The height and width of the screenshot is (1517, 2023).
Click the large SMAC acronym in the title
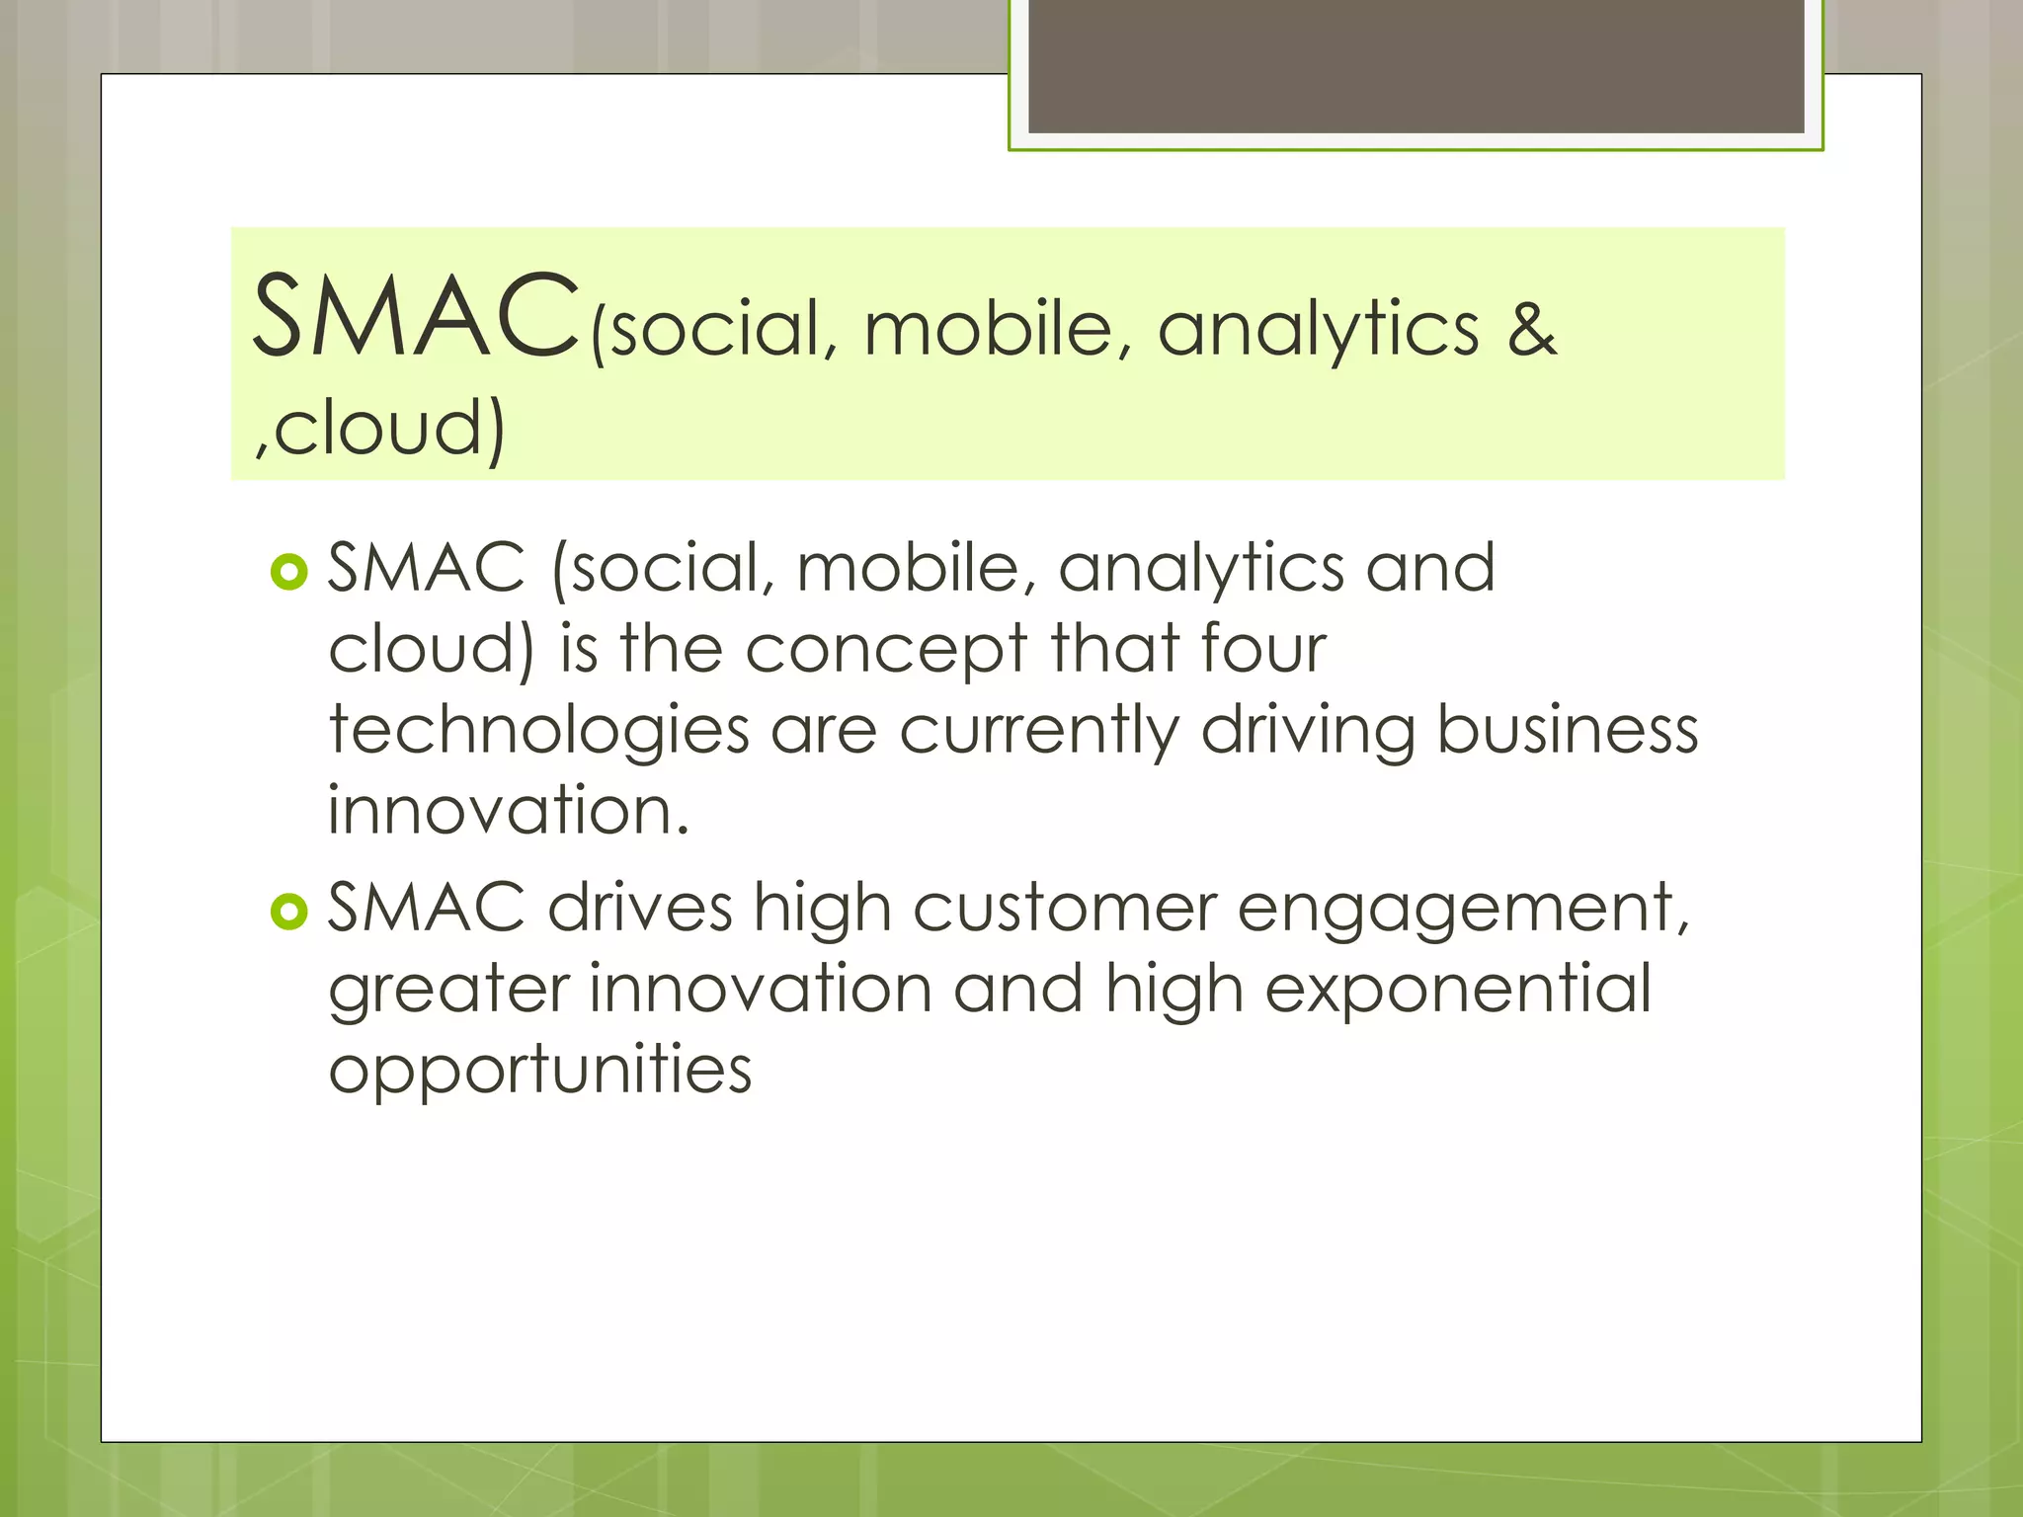tap(415, 318)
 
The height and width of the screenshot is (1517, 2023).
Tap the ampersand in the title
tap(1531, 330)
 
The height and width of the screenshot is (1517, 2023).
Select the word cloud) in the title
tap(387, 429)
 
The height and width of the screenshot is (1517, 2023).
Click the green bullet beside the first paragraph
tap(288, 572)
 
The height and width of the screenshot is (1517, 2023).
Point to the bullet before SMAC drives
tap(288, 912)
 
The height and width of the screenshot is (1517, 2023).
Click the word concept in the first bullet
tap(886, 651)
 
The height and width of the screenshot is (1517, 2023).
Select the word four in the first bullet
tap(1262, 649)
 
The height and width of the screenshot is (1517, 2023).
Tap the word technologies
tap(538, 732)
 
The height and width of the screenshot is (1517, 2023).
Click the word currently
tap(1039, 732)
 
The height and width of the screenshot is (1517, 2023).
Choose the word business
tap(1567, 730)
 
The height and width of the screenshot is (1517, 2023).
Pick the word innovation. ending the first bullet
tap(508, 811)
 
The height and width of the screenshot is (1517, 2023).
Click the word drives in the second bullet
tap(640, 908)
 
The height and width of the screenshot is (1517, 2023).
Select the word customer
tap(1064, 910)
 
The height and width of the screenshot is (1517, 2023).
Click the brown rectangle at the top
tap(1416, 65)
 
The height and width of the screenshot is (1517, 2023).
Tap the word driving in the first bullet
tap(1307, 732)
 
